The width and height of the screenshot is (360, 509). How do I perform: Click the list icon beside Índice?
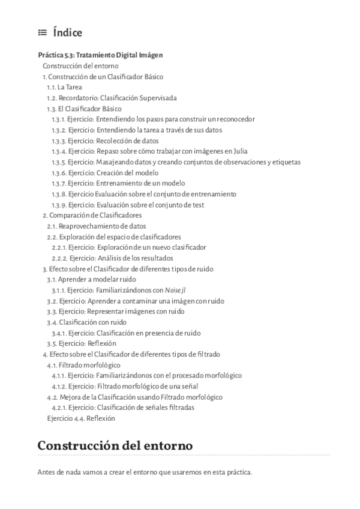[x=42, y=33]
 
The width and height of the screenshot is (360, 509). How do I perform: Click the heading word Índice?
[x=67, y=33]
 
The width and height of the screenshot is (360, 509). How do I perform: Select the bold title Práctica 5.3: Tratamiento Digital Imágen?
[x=100, y=55]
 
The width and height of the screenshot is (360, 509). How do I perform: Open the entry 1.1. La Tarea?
[x=64, y=87]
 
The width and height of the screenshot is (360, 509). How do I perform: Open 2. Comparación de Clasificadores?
[x=92, y=215]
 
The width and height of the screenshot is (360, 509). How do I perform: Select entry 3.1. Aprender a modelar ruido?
[x=91, y=279]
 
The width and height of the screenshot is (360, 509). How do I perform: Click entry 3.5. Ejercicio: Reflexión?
[x=82, y=343]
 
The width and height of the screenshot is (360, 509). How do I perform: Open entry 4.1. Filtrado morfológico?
[x=84, y=365]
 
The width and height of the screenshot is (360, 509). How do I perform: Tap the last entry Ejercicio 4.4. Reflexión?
[x=80, y=418]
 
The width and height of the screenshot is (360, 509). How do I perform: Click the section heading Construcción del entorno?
[x=115, y=446]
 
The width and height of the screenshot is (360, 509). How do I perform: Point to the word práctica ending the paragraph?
[x=239, y=472]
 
